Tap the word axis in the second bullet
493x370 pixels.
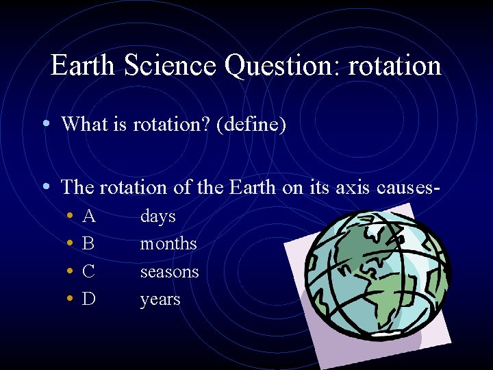(351, 187)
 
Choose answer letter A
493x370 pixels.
(88, 217)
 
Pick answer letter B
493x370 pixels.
(88, 244)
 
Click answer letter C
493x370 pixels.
(88, 271)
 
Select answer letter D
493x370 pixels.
(88, 299)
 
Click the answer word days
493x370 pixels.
(158, 217)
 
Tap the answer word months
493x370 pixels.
(168, 244)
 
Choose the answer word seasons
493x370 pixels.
(169, 272)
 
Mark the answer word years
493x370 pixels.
(160, 300)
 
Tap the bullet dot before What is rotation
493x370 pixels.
(45, 123)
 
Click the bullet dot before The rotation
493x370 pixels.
(45, 186)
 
